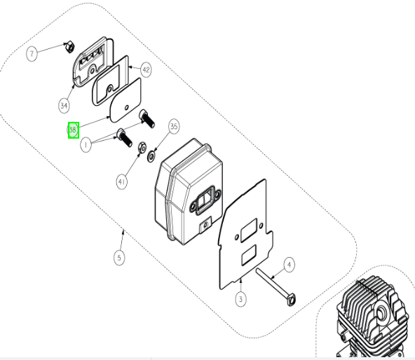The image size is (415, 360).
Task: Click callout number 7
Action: pos(32,54)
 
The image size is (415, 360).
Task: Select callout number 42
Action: pos(146,70)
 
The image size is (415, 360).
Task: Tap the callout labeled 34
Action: pos(64,106)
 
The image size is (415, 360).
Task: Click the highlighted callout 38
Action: pos(74,130)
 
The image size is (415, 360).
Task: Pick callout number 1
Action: pos(86,145)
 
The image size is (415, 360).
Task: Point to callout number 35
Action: pos(174,127)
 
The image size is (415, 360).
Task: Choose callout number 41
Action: pos(121,181)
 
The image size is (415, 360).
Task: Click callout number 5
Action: pos(119,257)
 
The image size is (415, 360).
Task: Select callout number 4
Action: pos(289,265)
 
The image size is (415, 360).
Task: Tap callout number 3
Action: pos(240,299)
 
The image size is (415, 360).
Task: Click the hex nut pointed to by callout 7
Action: pos(69,47)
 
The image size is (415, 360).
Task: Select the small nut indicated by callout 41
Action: pos(142,148)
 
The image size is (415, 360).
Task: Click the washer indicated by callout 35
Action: pos(151,156)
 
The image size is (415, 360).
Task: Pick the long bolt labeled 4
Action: pos(276,286)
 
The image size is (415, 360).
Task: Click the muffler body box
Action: pos(189,191)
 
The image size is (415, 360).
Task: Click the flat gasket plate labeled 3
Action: pos(245,235)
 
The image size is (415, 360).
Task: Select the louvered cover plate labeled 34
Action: pos(93,62)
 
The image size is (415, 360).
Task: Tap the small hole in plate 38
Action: pos(127,107)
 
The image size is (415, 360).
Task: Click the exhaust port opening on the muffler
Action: pos(205,200)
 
